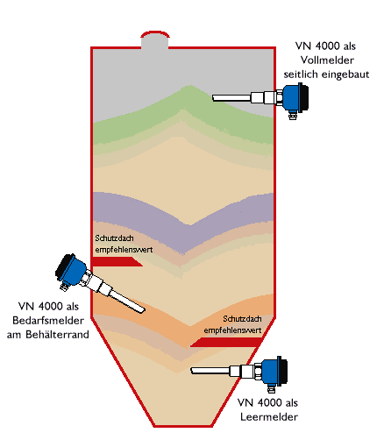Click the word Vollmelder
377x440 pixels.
coord(327,60)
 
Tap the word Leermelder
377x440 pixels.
coord(269,417)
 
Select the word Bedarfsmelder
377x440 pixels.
coord(48,321)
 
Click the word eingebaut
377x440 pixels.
coord(345,75)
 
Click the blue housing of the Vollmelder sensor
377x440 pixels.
coord(291,97)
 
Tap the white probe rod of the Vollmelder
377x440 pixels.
coord(231,98)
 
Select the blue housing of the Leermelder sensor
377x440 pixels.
coord(271,372)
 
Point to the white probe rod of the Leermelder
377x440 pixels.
coord(210,371)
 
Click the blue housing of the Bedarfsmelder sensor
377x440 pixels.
coord(75,270)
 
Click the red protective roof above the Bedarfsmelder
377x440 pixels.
coord(117,261)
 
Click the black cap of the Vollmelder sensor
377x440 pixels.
coord(304,97)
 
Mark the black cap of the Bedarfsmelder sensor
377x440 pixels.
coord(64,265)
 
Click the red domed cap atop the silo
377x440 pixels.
coord(155,33)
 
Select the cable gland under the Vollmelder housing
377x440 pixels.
coord(292,115)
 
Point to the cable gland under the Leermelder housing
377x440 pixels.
coord(271,388)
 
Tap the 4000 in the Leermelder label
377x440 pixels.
coord(270,402)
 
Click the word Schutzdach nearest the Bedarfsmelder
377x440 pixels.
coord(114,238)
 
